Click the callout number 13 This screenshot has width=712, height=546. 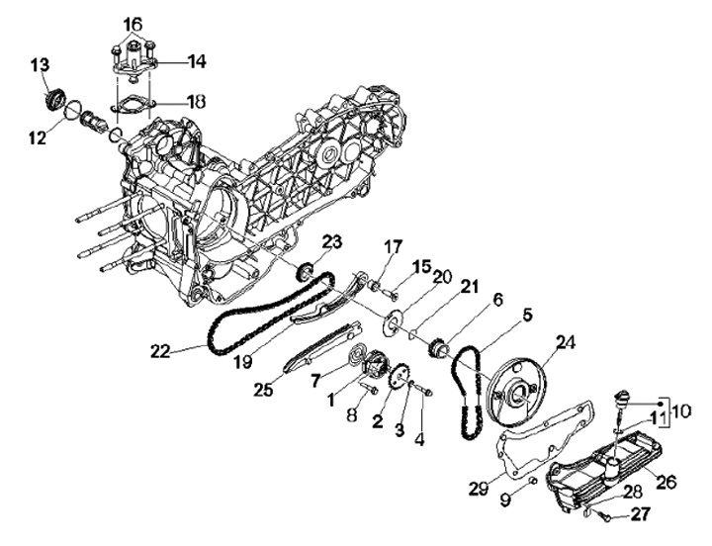[x=39, y=65]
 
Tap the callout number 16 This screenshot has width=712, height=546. [x=132, y=22]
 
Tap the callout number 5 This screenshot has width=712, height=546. [x=526, y=316]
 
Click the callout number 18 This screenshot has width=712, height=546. [x=196, y=101]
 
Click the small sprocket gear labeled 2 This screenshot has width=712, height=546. [x=400, y=380]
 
